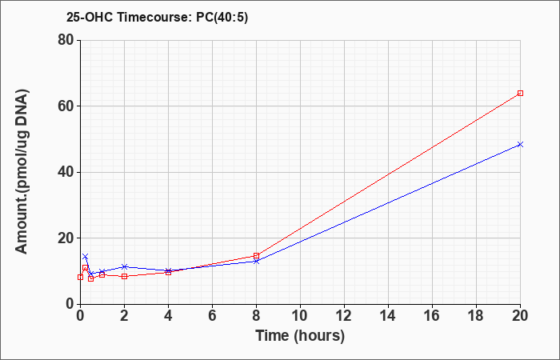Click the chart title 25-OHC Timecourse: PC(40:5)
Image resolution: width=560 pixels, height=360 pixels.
pyautogui.click(x=157, y=17)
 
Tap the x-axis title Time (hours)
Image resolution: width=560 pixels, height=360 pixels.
pyautogui.click(x=300, y=336)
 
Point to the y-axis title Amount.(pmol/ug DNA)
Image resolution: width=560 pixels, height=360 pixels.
pyautogui.click(x=22, y=172)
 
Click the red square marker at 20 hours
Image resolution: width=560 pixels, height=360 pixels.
pyautogui.click(x=520, y=94)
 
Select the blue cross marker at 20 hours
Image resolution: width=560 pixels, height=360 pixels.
pyautogui.click(x=520, y=144)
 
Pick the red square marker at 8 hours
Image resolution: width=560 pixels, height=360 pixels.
pyautogui.click(x=256, y=256)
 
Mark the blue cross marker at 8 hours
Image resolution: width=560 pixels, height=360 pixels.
pyautogui.click(x=256, y=261)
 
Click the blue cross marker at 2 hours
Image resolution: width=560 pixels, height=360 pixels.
pyautogui.click(x=124, y=266)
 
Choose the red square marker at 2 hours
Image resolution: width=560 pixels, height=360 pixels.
pyautogui.click(x=124, y=277)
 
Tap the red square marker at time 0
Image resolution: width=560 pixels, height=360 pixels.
pyautogui.click(x=80, y=277)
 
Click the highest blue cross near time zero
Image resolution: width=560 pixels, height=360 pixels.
pyautogui.click(x=85, y=257)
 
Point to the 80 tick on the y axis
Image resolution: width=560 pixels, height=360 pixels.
pyautogui.click(x=66, y=40)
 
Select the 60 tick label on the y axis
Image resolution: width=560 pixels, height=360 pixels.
pyautogui.click(x=66, y=106)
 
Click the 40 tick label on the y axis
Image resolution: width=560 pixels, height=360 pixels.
pyautogui.click(x=66, y=172)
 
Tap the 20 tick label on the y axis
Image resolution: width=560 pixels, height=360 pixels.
pyautogui.click(x=66, y=238)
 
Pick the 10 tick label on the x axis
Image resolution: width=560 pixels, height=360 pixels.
pyautogui.click(x=300, y=316)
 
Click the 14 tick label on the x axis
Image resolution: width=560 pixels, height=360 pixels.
pyautogui.click(x=388, y=316)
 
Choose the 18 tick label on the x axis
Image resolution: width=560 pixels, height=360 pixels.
pyautogui.click(x=476, y=316)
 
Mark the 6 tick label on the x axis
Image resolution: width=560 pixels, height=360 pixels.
pyautogui.click(x=212, y=316)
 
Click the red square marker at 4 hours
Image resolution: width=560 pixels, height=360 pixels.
pyautogui.click(x=168, y=273)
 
